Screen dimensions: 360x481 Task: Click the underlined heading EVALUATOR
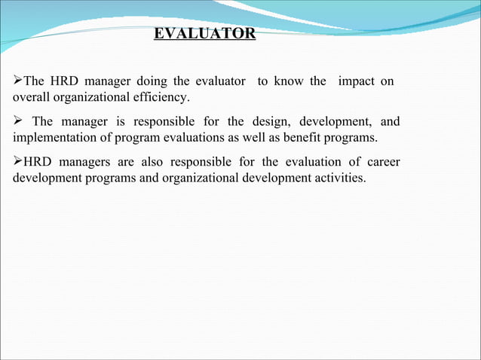click(x=204, y=34)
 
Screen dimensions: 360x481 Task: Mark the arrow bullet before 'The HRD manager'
click(x=18, y=81)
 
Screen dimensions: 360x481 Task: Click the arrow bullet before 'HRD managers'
click(x=18, y=163)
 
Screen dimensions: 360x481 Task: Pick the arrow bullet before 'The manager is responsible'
click(x=18, y=122)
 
